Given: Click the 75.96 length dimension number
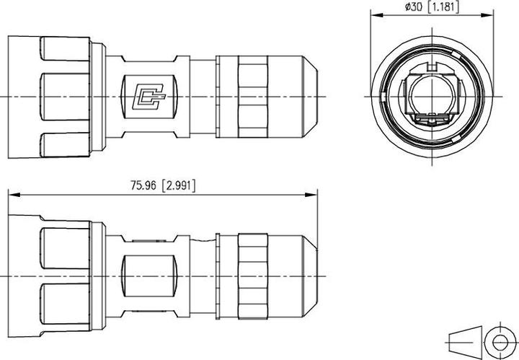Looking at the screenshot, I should (x=144, y=185).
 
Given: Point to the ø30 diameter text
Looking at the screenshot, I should (x=414, y=6).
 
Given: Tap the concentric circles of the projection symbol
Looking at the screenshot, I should (x=500, y=340).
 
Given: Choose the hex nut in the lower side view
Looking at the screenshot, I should (x=252, y=277).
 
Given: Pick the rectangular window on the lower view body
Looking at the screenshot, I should (x=150, y=277).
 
